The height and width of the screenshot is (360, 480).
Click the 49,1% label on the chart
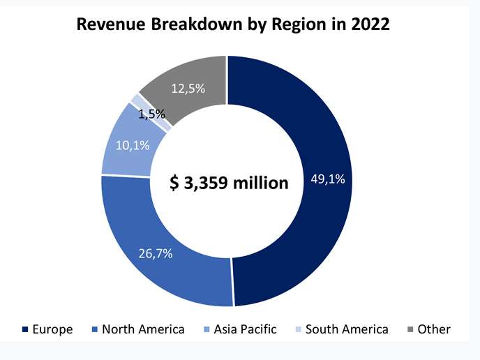tap(327, 180)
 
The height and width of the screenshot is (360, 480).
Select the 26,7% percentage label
tap(155, 252)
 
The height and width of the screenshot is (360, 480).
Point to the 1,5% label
tap(151, 114)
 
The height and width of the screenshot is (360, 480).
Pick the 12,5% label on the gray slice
tap(188, 89)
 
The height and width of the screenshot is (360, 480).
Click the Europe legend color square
tap(25, 329)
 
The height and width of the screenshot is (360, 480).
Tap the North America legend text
tap(143, 329)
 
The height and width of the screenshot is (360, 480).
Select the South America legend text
tap(347, 329)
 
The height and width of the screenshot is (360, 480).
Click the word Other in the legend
tap(434, 329)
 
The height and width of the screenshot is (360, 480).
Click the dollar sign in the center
tap(175, 183)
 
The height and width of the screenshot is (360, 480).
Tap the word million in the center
tap(262, 183)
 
